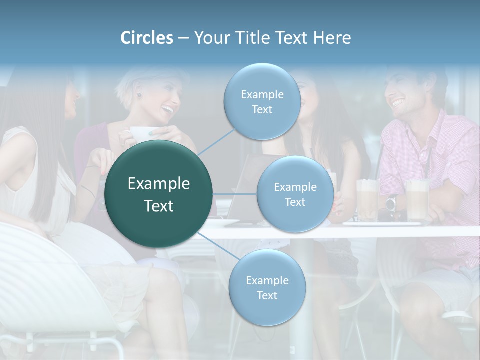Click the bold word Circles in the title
pyautogui.click(x=147, y=38)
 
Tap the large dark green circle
pyautogui.click(x=159, y=194)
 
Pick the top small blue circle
pyautogui.click(x=262, y=102)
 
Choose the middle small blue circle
pyautogui.click(x=295, y=194)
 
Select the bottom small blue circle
pyautogui.click(x=267, y=288)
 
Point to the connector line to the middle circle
pyautogui.click(x=235, y=194)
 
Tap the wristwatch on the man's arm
pyautogui.click(x=391, y=202)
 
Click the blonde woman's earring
pyautogui.click(x=140, y=95)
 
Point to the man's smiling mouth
pyautogui.click(x=398, y=103)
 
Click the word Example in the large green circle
pyautogui.click(x=159, y=184)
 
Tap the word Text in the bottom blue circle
pyautogui.click(x=267, y=295)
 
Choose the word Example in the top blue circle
pyautogui.click(x=262, y=95)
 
